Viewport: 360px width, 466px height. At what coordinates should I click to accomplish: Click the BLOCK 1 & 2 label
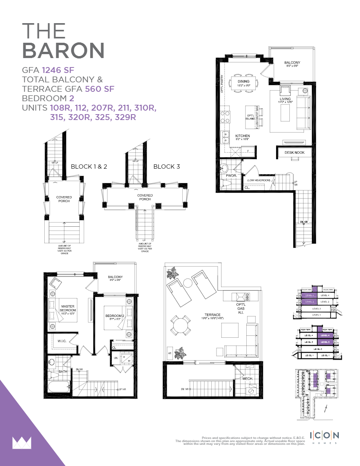point(89,166)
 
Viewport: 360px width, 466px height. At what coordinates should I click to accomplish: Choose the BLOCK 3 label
point(167,166)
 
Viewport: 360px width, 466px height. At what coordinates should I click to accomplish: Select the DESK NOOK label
point(295,152)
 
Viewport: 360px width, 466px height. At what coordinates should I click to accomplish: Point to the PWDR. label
point(232,176)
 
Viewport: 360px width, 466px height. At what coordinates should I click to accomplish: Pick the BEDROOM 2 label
point(115,316)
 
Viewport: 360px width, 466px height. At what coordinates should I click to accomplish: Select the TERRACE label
point(212,315)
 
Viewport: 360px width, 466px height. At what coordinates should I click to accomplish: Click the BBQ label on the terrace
point(247,295)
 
